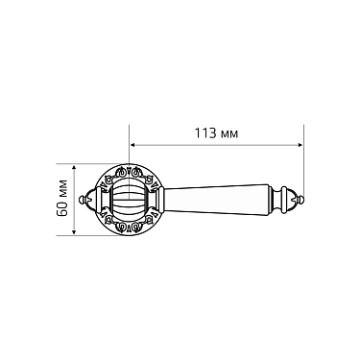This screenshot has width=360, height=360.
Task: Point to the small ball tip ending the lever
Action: [x=301, y=201]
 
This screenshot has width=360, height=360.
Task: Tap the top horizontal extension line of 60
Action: [x=96, y=166]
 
